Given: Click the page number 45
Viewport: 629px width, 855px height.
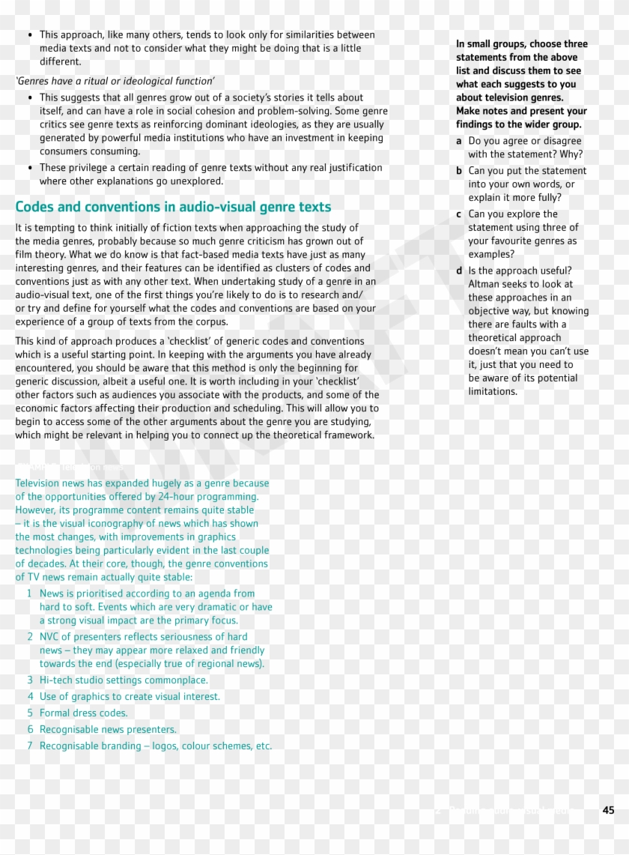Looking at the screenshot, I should pyautogui.click(x=608, y=810).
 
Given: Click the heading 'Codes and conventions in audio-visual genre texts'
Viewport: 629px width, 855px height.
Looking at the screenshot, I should pyautogui.click(x=173, y=207).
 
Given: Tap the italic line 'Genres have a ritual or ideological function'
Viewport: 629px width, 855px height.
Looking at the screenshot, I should pyautogui.click(x=115, y=81).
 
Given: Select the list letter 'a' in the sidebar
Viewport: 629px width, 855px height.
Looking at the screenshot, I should pyautogui.click(x=459, y=141).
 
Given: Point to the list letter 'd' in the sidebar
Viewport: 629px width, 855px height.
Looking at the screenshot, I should pyautogui.click(x=460, y=271).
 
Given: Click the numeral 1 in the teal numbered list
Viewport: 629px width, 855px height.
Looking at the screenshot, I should pyautogui.click(x=31, y=593).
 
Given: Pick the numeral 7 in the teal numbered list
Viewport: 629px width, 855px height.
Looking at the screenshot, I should pyautogui.click(x=31, y=746).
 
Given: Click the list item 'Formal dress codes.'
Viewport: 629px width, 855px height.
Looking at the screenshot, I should pyautogui.click(x=83, y=713).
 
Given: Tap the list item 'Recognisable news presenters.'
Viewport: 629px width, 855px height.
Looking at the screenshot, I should pyautogui.click(x=108, y=729).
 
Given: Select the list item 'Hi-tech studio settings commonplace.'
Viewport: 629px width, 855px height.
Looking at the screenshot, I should pyautogui.click(x=124, y=680).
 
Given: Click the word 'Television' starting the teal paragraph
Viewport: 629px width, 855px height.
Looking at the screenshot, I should pyautogui.click(x=37, y=483).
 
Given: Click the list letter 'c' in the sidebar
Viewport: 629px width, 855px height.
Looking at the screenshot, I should pyautogui.click(x=459, y=214).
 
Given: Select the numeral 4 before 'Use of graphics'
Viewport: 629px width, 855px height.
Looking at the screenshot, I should pyautogui.click(x=31, y=697).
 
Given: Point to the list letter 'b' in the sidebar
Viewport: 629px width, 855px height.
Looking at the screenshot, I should pyautogui.click(x=460, y=171).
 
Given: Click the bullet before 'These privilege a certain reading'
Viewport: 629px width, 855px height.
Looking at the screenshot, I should pyautogui.click(x=30, y=168).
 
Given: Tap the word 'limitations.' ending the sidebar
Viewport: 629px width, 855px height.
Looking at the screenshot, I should pyautogui.click(x=493, y=391).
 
